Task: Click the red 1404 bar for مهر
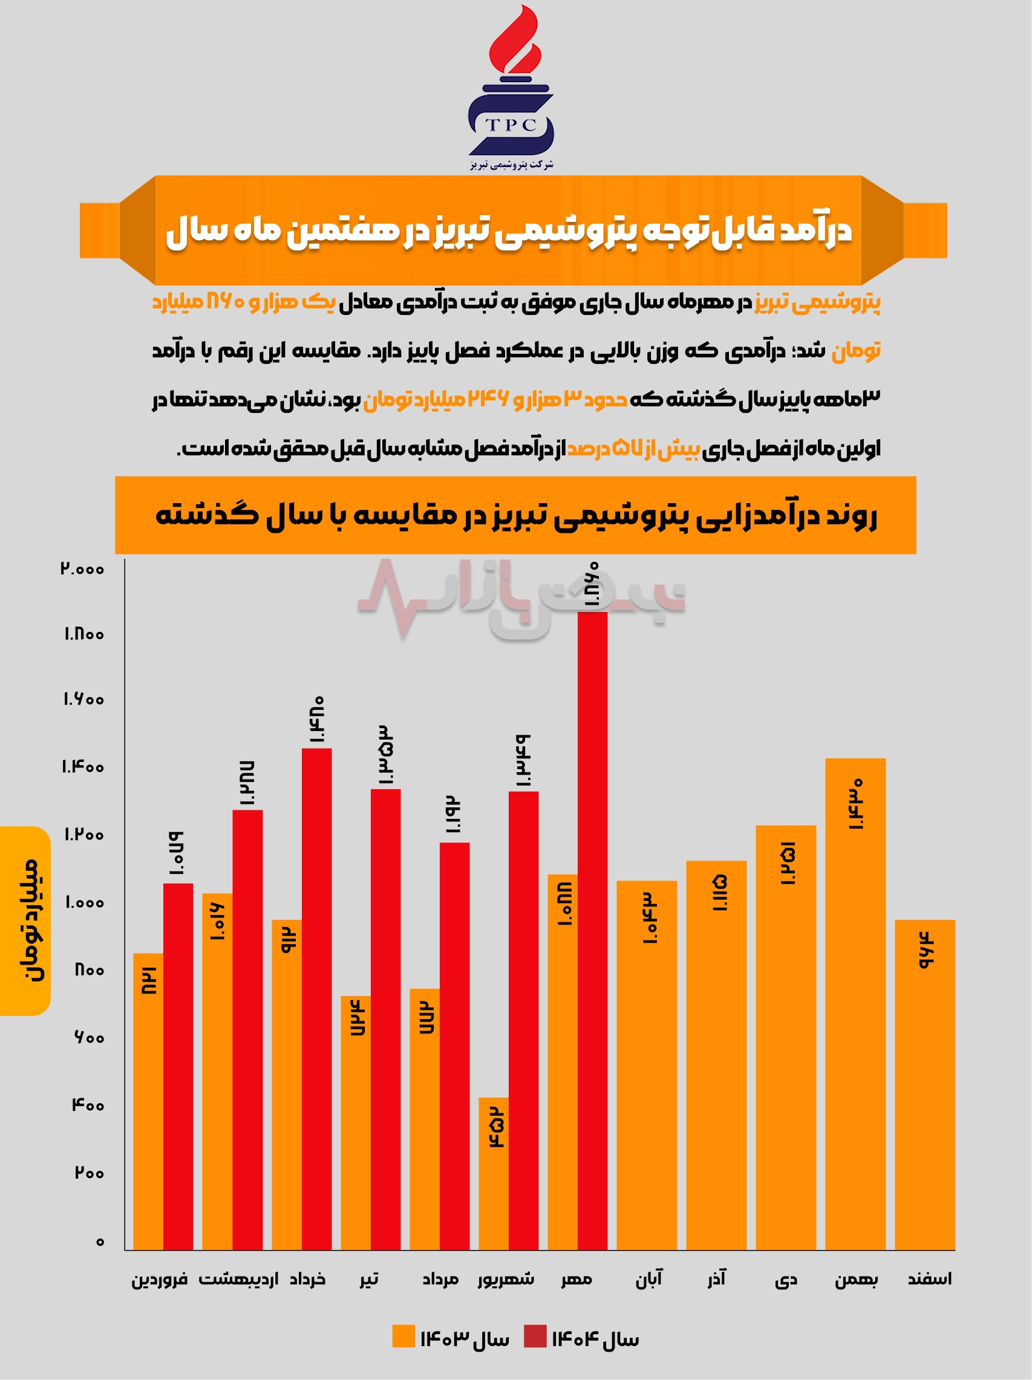592,929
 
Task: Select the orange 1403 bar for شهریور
494,1173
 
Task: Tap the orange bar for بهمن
855,1004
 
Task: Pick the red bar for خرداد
316,998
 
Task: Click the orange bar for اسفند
925,1085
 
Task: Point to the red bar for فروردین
178,1067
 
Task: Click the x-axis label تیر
369,1279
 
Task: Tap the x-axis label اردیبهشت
238,1279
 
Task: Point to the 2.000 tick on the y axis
82,568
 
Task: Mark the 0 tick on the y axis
100,1242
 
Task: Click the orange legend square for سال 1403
403,1336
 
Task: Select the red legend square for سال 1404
535,1336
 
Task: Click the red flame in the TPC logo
513,41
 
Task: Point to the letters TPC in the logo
511,125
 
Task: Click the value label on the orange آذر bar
719,893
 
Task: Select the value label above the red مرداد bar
454,815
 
